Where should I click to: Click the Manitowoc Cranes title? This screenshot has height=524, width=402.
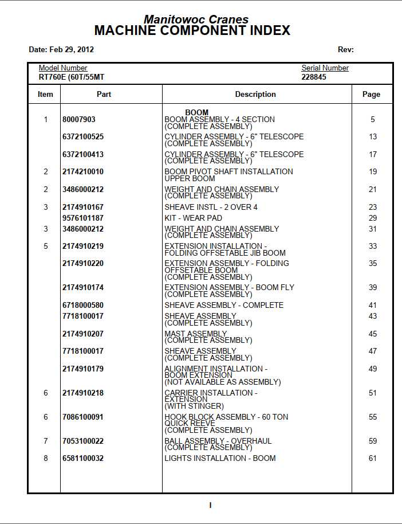click(x=196, y=19)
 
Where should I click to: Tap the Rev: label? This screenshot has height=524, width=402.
click(x=346, y=50)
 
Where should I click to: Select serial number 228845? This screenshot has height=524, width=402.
click(x=314, y=77)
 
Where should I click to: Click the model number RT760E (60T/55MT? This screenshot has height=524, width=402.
click(x=71, y=77)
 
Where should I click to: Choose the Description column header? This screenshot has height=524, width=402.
click(x=255, y=95)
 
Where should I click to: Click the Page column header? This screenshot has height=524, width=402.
click(x=371, y=95)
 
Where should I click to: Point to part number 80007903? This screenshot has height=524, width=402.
click(x=79, y=120)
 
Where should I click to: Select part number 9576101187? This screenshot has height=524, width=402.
click(x=83, y=218)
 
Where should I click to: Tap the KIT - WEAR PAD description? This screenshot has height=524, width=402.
click(x=193, y=218)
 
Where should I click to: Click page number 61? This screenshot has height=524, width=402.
click(x=373, y=458)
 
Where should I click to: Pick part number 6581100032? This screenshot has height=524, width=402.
click(x=83, y=458)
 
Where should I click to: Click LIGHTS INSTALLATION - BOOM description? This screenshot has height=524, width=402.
click(x=220, y=458)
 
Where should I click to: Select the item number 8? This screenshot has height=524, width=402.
click(x=46, y=458)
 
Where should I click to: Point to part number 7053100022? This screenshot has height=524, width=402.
click(x=83, y=441)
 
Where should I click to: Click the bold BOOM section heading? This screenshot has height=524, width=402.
click(x=196, y=112)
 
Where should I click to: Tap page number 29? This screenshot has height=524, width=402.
click(x=373, y=218)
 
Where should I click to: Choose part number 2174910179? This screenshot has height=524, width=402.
click(x=83, y=369)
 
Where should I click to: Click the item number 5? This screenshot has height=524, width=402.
click(x=46, y=246)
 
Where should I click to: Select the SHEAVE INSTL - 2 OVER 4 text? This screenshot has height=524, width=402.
click(x=211, y=207)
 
